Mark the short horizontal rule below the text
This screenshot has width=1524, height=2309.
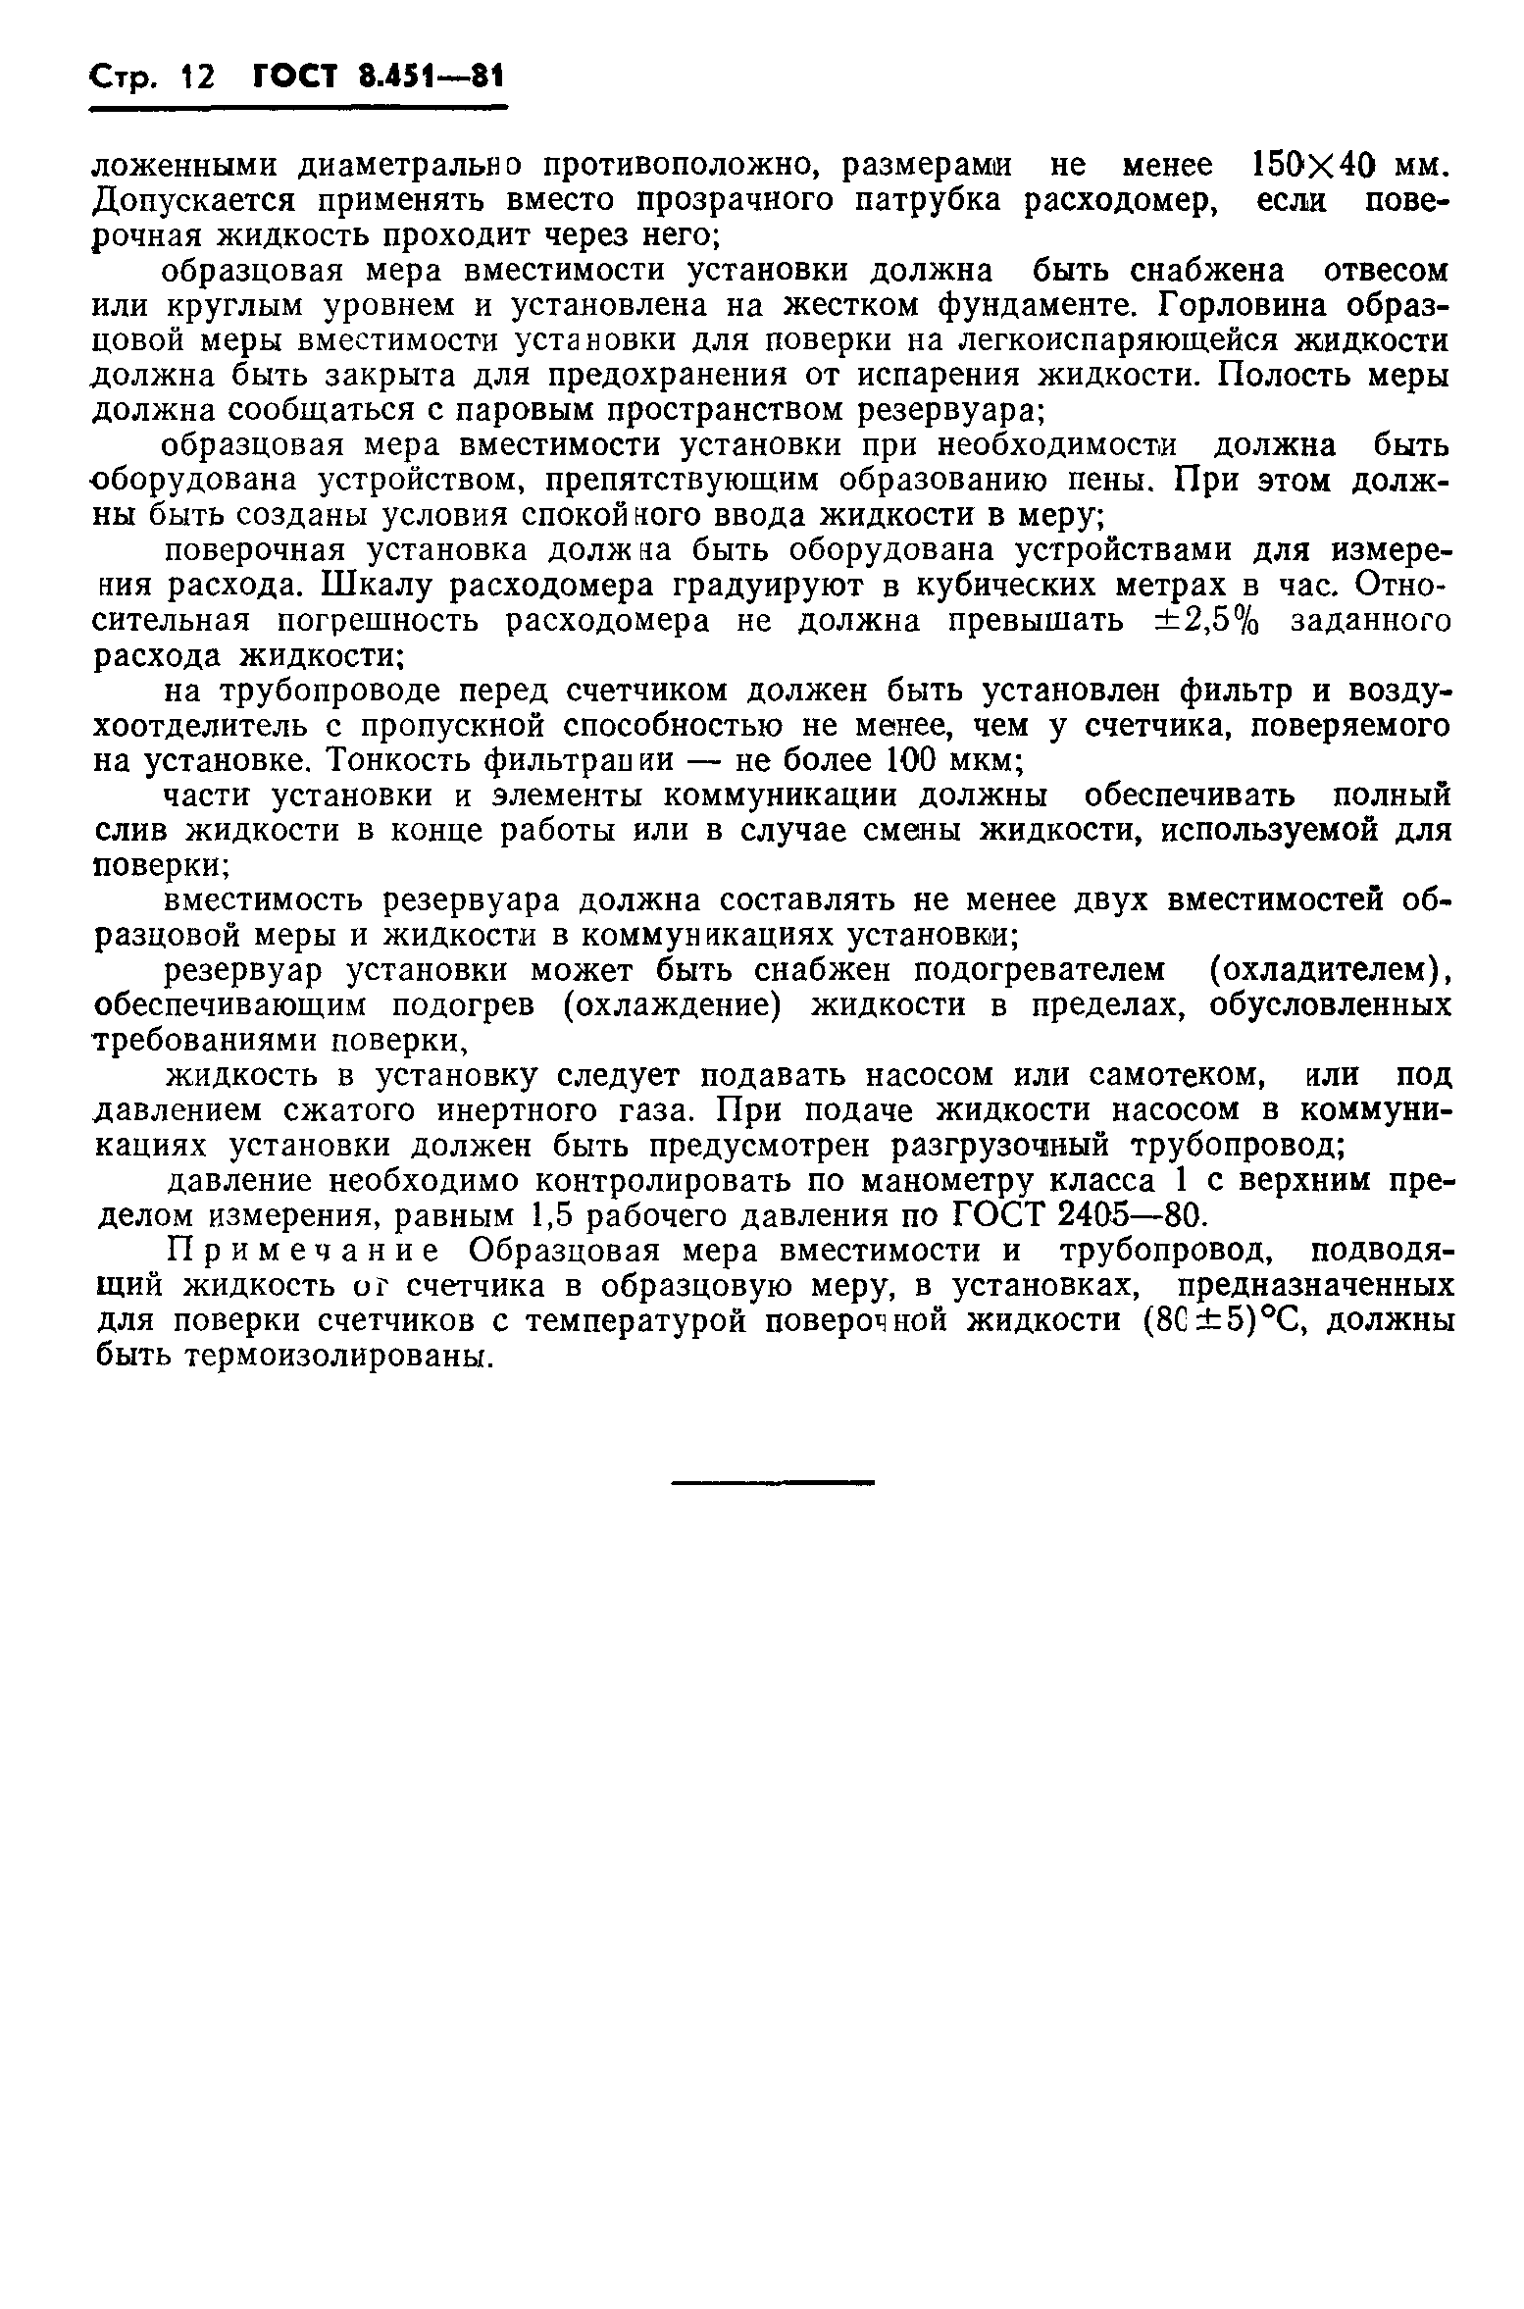pyautogui.click(x=771, y=1482)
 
